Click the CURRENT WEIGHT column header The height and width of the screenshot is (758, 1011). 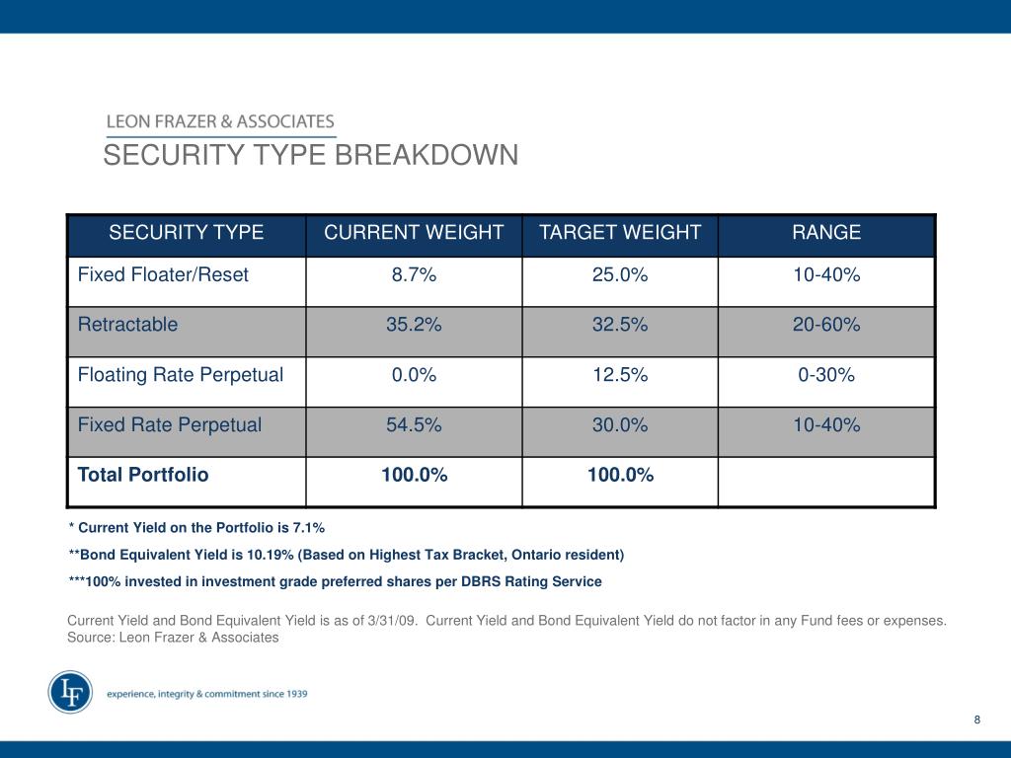(414, 233)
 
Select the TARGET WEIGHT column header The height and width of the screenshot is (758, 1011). (620, 233)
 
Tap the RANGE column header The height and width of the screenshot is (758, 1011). (826, 233)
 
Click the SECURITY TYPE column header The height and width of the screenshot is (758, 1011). (187, 233)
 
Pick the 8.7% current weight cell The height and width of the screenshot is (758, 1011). (414, 275)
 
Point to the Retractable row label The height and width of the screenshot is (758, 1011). (128, 324)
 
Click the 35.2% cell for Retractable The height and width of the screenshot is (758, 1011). (414, 324)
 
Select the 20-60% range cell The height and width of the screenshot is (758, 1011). (826, 324)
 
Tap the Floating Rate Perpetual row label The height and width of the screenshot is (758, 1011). (181, 375)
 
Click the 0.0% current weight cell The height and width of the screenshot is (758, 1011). (414, 375)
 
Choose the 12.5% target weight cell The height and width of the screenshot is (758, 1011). (620, 375)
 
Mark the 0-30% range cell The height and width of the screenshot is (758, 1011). (826, 375)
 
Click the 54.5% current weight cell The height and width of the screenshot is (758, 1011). (414, 425)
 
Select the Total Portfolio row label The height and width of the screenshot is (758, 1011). (143, 475)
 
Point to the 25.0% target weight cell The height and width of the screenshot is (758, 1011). (620, 275)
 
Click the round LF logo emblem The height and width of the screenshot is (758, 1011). (70, 693)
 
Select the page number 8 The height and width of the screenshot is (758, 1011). (976, 720)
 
